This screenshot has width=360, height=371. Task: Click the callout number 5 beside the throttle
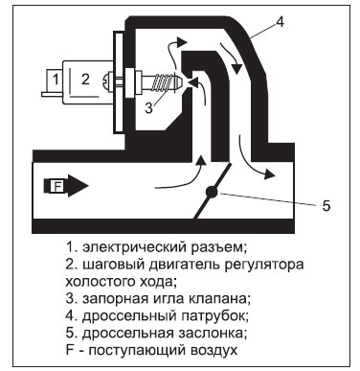[325, 204]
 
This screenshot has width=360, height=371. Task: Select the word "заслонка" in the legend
[206, 333]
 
